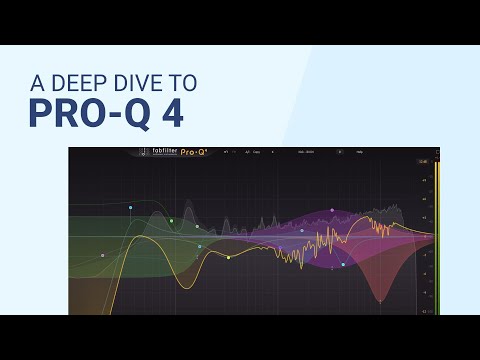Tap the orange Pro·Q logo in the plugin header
coord(194,154)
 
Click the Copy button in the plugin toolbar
coord(257,154)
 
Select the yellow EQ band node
coord(228,257)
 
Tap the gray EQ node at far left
coord(102,255)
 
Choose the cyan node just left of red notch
coord(343,265)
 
